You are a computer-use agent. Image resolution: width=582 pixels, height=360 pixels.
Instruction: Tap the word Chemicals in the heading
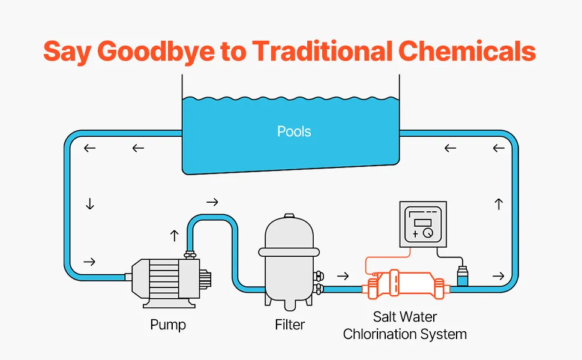467,51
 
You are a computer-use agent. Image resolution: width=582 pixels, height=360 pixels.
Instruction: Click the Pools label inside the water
294,131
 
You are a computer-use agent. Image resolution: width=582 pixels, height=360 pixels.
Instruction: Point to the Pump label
168,325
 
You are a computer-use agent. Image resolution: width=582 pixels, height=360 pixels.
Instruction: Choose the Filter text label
290,325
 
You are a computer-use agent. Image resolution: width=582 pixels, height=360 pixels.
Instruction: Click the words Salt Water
405,316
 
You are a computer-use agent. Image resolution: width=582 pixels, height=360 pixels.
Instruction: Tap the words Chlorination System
405,334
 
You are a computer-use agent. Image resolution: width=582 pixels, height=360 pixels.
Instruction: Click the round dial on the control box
427,232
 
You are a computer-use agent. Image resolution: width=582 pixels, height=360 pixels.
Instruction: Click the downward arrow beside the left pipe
90,205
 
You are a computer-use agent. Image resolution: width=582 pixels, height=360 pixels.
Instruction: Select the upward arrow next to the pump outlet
175,235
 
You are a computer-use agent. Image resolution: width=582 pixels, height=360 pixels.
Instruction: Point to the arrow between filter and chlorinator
343,277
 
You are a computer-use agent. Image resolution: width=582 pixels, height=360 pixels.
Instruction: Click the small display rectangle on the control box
422,223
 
